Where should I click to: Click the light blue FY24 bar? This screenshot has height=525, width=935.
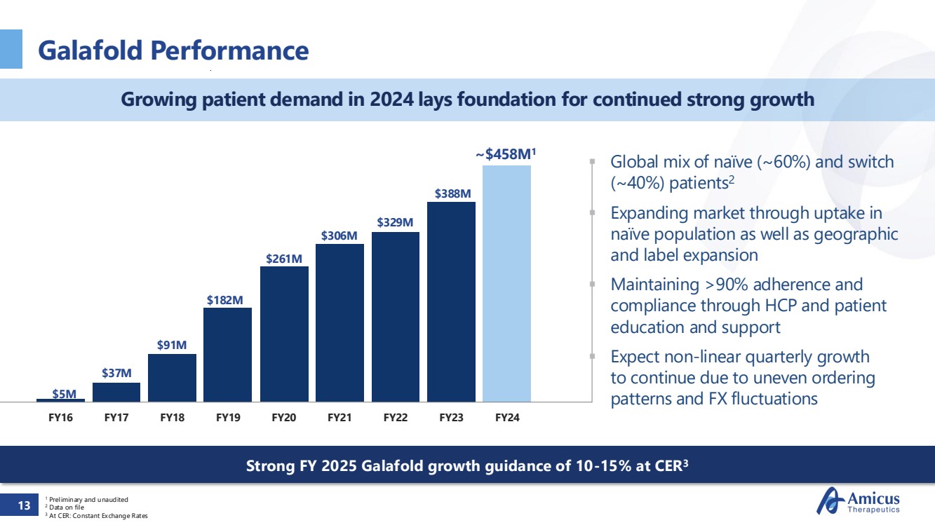click(x=506, y=283)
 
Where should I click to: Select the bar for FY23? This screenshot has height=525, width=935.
click(x=451, y=301)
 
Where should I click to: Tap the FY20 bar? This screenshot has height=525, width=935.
click(x=284, y=334)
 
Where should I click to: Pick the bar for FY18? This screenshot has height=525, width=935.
click(x=172, y=378)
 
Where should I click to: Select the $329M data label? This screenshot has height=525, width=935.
click(x=395, y=223)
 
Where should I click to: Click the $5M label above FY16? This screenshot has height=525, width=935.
click(x=65, y=393)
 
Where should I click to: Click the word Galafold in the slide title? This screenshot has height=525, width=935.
click(x=87, y=50)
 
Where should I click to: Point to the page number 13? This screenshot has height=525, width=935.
click(x=25, y=505)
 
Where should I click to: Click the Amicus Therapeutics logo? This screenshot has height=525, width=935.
click(x=859, y=502)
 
